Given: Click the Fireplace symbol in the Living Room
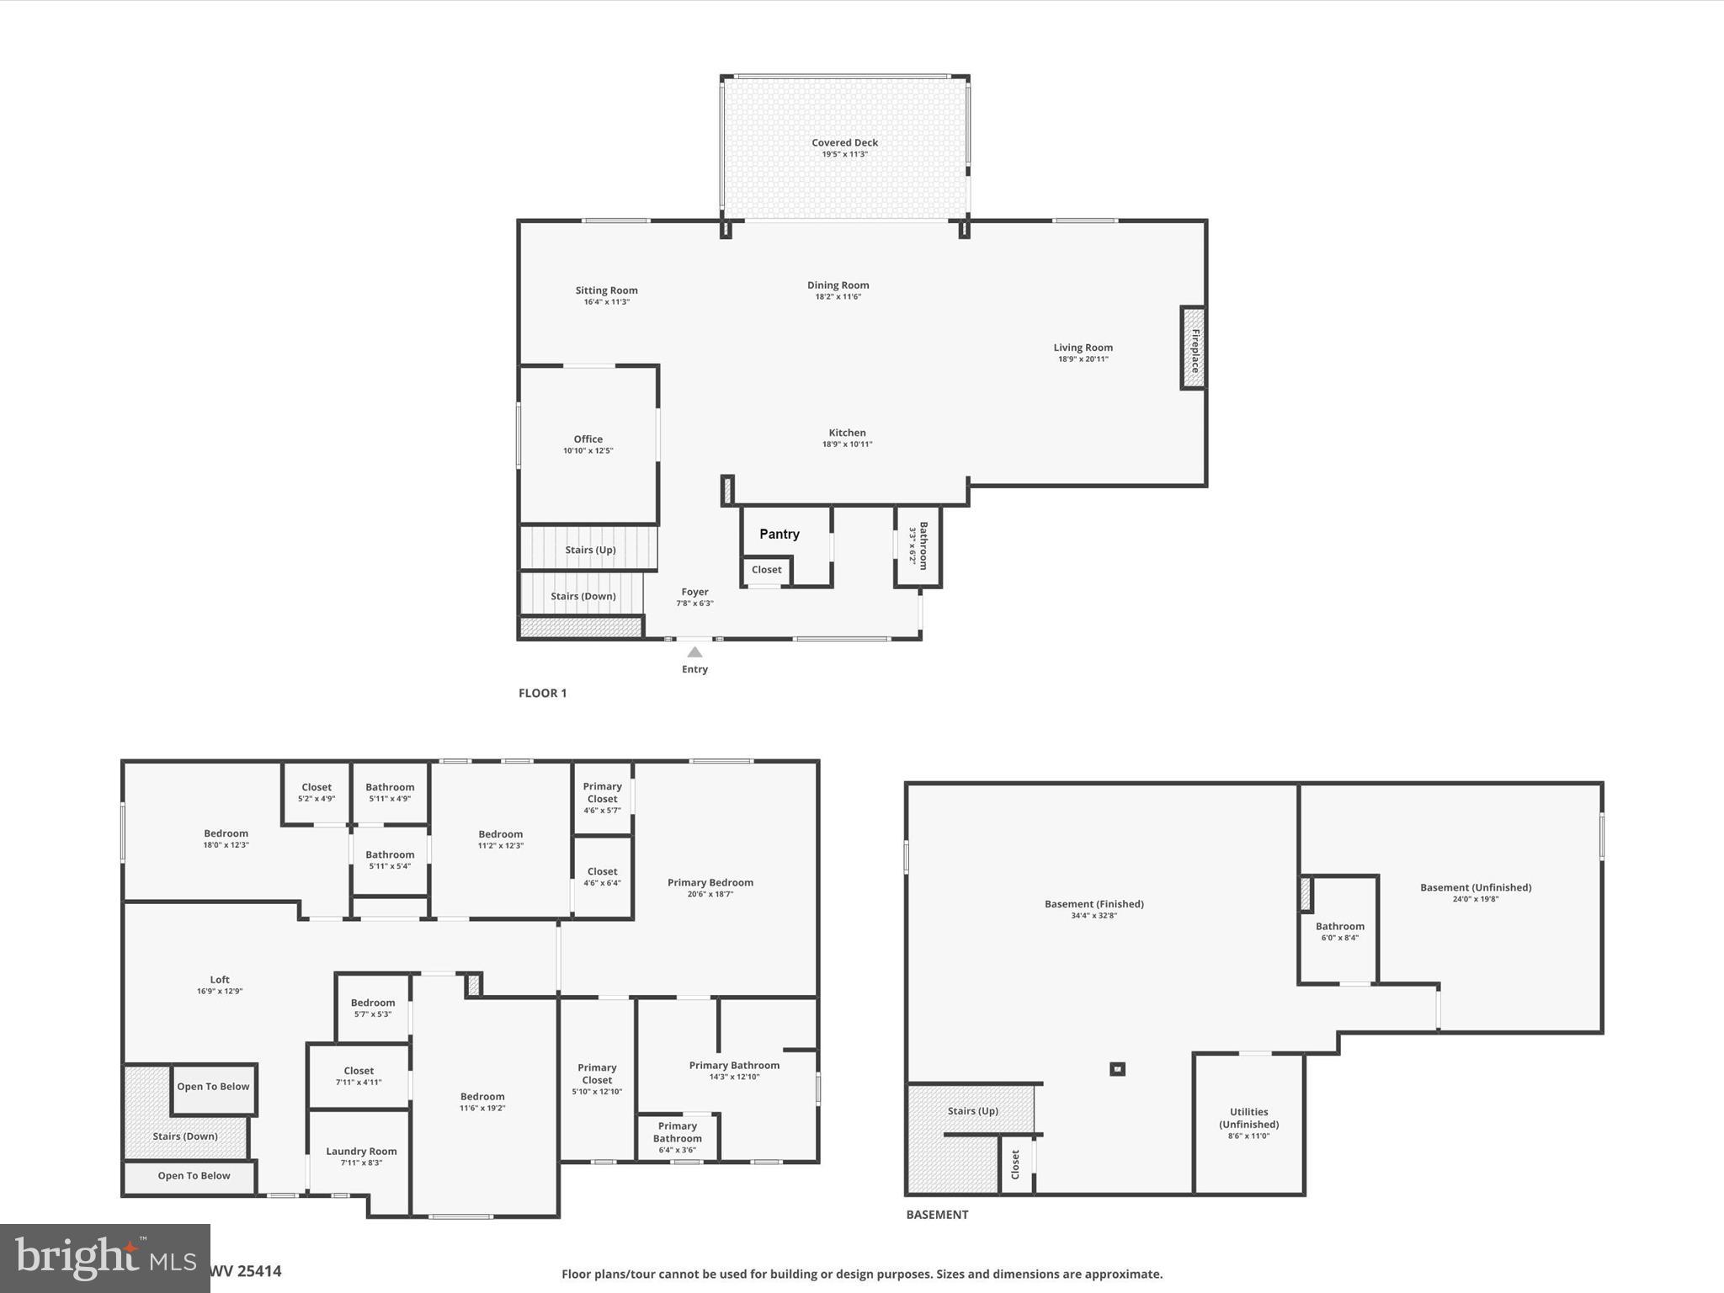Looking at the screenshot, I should click(x=1193, y=348).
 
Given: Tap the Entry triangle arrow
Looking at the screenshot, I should click(x=694, y=652).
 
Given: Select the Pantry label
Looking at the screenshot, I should click(x=780, y=534).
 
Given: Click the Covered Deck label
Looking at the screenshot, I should click(x=844, y=143).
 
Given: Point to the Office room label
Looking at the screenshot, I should click(x=588, y=439).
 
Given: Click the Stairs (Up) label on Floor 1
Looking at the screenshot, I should click(x=590, y=550).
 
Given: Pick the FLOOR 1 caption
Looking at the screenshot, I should click(x=542, y=693).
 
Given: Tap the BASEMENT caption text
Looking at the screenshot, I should click(x=937, y=1214).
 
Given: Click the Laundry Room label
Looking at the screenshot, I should click(x=361, y=1152).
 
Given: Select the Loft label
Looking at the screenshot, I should click(x=220, y=980).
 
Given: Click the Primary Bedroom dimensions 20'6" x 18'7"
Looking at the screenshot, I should click(x=710, y=894).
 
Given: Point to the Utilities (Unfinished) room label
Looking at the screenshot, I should click(x=1248, y=1118).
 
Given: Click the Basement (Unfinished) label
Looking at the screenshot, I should click(x=1475, y=887).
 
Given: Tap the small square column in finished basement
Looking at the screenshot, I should click(x=1117, y=1069).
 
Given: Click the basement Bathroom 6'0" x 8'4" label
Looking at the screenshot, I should click(x=1339, y=927).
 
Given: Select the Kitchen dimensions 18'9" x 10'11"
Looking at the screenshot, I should click(x=847, y=444).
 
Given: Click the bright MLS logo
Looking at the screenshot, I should click(x=104, y=1258).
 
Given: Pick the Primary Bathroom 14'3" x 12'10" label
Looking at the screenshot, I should click(x=734, y=1066).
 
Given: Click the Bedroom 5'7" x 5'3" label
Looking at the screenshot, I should click(x=372, y=1003).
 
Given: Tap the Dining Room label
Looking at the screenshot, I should click(x=838, y=285).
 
